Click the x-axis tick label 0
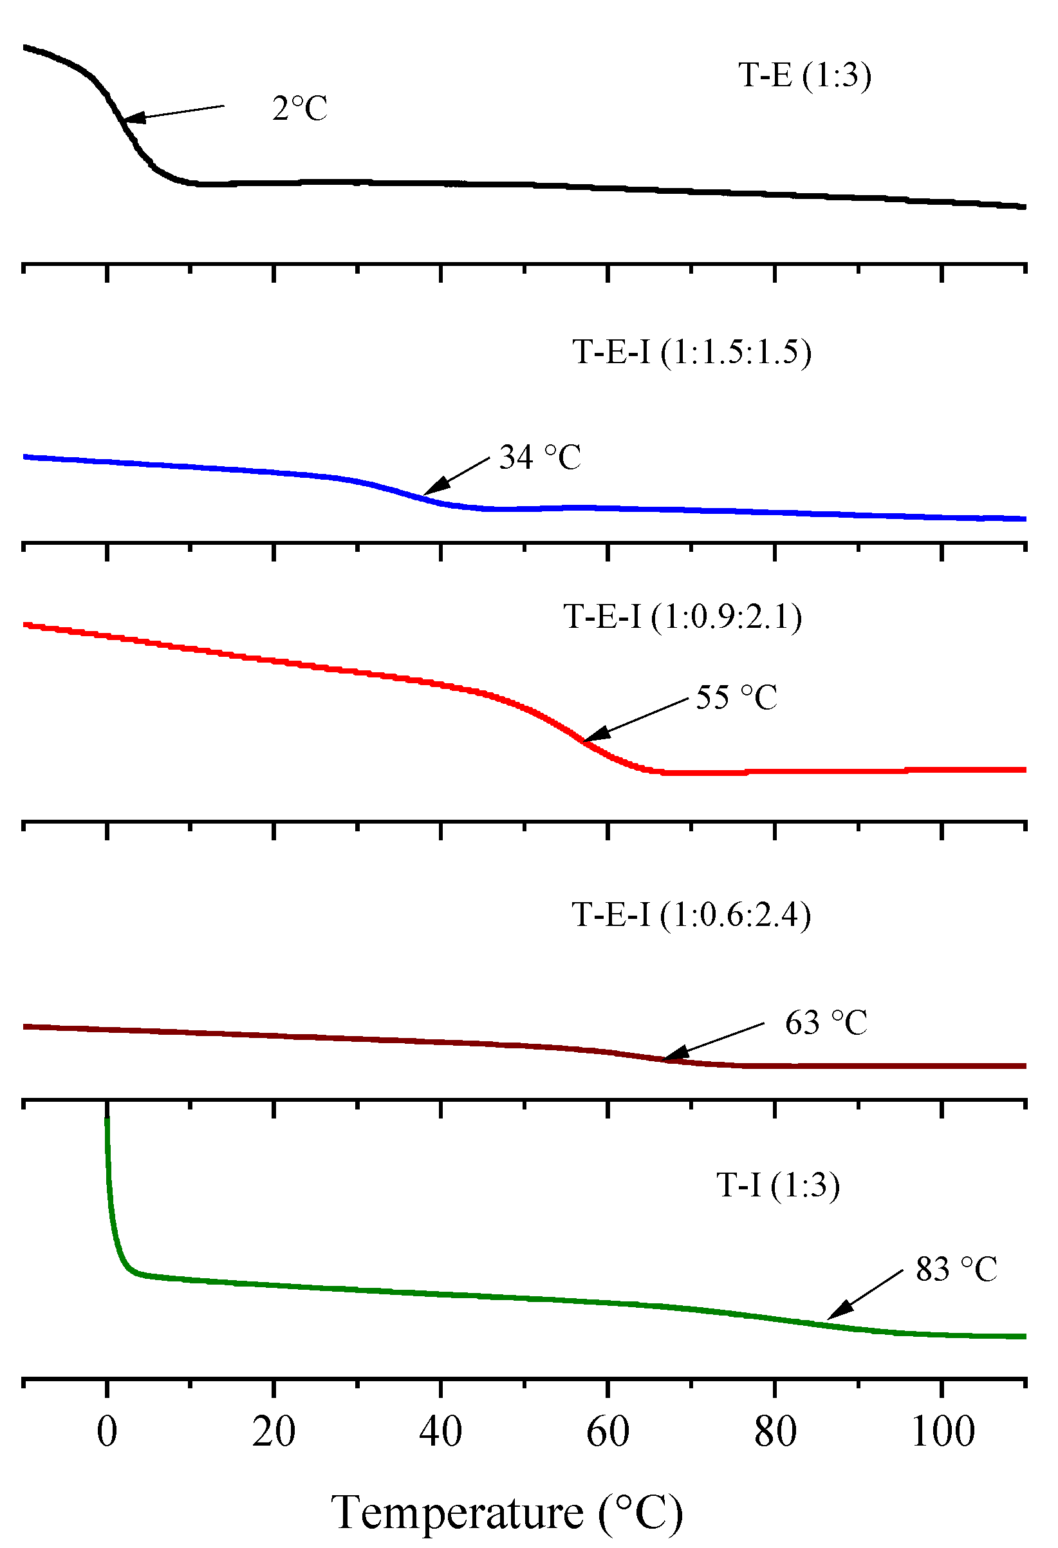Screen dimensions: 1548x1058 (x=107, y=1431)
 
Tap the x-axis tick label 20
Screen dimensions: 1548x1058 (x=274, y=1431)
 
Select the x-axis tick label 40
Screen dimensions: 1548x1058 (x=440, y=1431)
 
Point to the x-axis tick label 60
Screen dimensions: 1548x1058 (x=608, y=1431)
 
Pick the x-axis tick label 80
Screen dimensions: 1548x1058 (x=775, y=1431)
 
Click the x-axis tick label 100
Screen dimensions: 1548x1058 (x=942, y=1431)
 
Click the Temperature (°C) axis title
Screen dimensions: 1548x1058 (x=506, y=1513)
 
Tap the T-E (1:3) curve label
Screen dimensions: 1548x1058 (x=804, y=75)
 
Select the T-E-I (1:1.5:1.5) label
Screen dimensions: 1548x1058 (x=692, y=352)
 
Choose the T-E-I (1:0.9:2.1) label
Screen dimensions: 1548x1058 (x=682, y=616)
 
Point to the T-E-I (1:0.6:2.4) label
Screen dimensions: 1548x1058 (x=691, y=914)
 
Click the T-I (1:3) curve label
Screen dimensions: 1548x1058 (x=777, y=1185)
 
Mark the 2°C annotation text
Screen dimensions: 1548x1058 (x=300, y=109)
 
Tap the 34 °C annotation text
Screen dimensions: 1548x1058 (x=540, y=458)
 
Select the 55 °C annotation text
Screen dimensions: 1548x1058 (x=736, y=698)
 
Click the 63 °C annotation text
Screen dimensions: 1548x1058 (x=826, y=1023)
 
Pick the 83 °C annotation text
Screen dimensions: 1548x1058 (x=956, y=1269)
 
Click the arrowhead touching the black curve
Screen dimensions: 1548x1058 (x=132, y=118)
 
